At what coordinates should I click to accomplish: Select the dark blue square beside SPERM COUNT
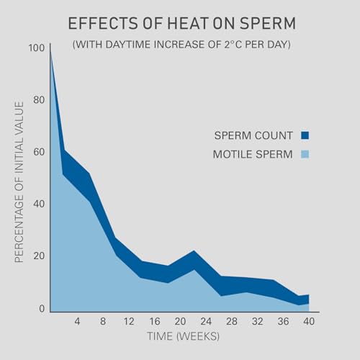pyautogui.click(x=305, y=135)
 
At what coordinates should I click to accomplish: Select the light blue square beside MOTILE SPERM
pyautogui.click(x=305, y=155)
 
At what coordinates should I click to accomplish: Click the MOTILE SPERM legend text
pyautogui.click(x=252, y=155)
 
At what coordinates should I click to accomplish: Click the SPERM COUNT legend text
pyautogui.click(x=254, y=135)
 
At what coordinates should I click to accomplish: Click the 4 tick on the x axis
pyautogui.click(x=76, y=321)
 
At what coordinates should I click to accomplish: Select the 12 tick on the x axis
pyautogui.click(x=130, y=321)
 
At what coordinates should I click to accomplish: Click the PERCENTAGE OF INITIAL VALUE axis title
pyautogui.click(x=19, y=181)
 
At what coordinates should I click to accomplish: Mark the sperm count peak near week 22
pyautogui.click(x=194, y=251)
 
